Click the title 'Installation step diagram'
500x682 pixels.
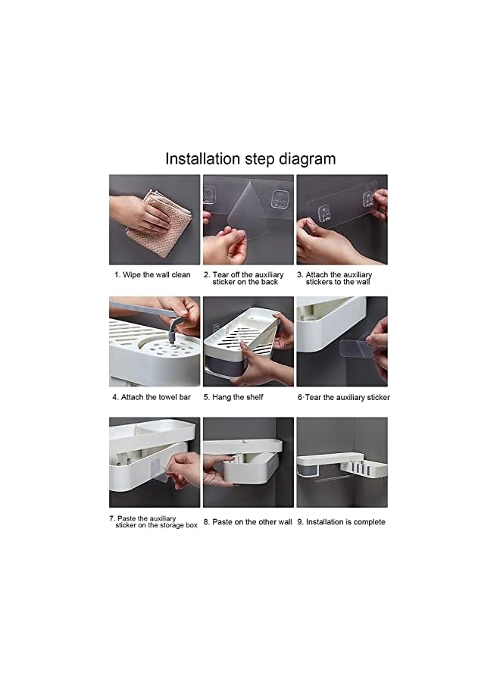click(251, 159)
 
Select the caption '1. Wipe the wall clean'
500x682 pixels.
click(152, 275)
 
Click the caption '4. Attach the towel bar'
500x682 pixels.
click(152, 397)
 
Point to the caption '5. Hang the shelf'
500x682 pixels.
click(233, 397)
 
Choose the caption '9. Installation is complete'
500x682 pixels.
click(342, 522)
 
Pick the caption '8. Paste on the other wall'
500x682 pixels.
click(248, 522)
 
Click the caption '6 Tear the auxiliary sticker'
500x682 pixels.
click(343, 397)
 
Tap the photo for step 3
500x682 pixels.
click(342, 220)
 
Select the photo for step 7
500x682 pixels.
click(155, 462)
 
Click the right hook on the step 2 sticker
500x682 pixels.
click(279, 199)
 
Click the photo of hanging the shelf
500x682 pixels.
click(248, 342)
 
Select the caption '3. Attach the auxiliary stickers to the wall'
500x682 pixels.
click(334, 278)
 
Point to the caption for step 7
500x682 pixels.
click(153, 522)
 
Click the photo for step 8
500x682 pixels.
click(248, 462)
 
